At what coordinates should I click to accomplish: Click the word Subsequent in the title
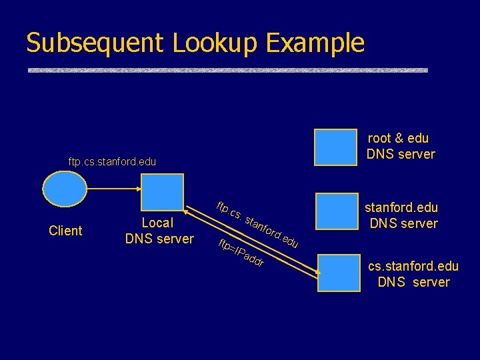pyautogui.click(x=95, y=43)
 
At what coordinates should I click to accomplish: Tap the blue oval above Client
pyautogui.click(x=65, y=191)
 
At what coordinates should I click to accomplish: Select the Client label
pyautogui.click(x=65, y=231)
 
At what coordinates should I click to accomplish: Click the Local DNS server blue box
pyautogui.click(x=161, y=194)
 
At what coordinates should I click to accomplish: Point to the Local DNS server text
pyautogui.click(x=159, y=231)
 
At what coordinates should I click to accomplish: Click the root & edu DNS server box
pyautogui.click(x=336, y=147)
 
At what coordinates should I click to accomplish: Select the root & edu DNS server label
pyautogui.click(x=400, y=146)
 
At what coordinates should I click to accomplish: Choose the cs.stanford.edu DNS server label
pyautogui.click(x=413, y=274)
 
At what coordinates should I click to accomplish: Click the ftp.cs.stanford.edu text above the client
pyautogui.click(x=112, y=162)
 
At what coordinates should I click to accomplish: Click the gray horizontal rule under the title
pyautogui.click(x=227, y=69)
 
